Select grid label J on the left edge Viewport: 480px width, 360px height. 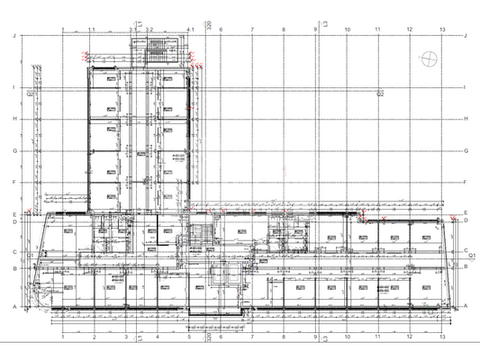[14, 36]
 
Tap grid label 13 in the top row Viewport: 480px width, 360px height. [441, 30]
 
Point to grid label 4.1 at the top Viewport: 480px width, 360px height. [190, 30]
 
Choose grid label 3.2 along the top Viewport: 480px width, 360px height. [151, 30]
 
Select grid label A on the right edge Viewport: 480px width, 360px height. [466, 306]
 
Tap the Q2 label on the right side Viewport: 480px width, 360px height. [380, 93]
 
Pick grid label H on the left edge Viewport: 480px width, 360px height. [14, 119]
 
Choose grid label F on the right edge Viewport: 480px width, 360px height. [466, 182]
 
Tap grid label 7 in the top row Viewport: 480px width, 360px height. [252, 30]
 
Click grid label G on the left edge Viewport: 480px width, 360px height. [14, 150]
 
